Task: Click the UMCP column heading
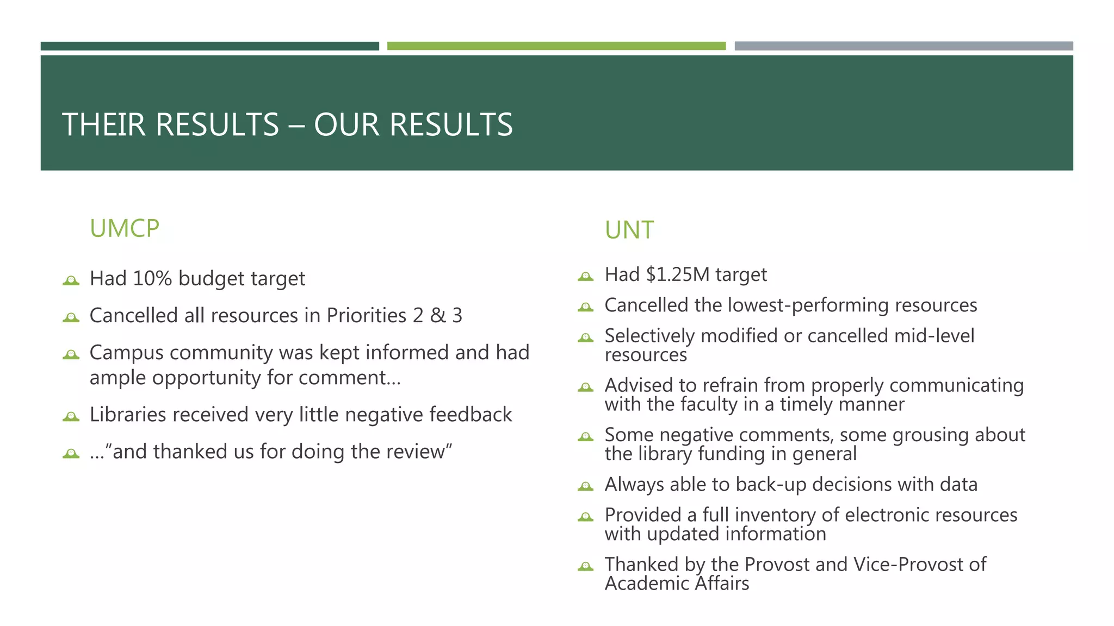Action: (124, 229)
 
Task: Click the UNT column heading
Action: (629, 230)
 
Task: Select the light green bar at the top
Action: (556, 46)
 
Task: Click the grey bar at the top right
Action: (903, 46)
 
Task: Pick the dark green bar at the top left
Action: (209, 46)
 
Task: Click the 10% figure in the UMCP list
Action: (152, 278)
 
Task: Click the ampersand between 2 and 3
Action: (437, 316)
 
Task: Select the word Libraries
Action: (128, 415)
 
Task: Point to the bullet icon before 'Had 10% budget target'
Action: (71, 280)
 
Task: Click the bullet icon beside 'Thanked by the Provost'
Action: (585, 567)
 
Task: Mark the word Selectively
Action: (649, 336)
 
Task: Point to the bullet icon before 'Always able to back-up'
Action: (585, 486)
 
